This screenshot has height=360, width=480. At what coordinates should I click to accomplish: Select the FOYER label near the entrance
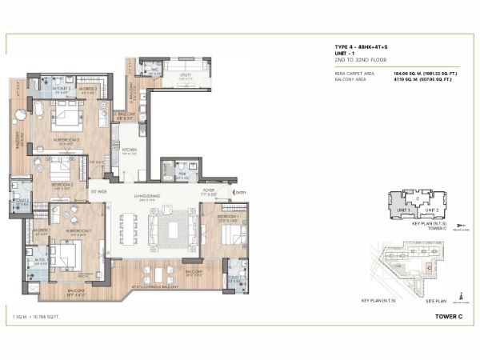coord(208,190)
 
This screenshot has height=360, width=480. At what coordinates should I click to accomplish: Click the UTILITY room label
coord(185,77)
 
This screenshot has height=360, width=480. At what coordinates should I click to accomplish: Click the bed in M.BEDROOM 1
coord(65,258)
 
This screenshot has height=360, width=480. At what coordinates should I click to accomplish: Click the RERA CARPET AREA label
coord(354,72)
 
